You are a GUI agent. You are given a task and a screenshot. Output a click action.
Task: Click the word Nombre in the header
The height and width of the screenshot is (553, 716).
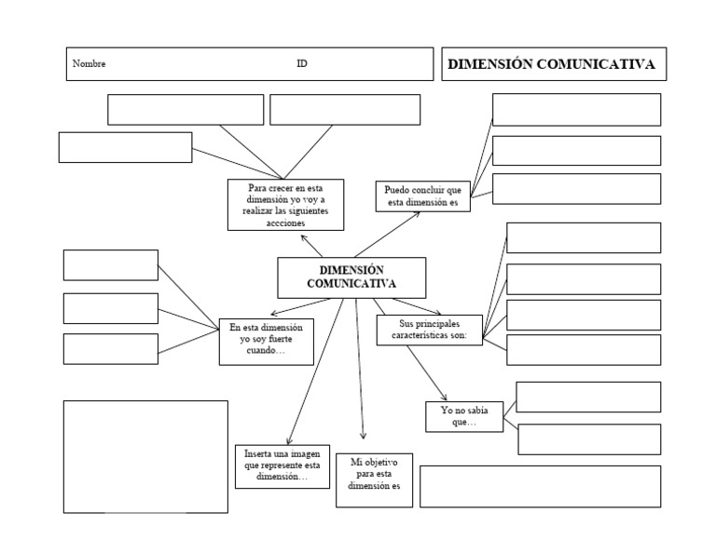point(89,64)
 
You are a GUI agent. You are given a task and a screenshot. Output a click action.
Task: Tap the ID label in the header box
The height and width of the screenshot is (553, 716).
point(302,64)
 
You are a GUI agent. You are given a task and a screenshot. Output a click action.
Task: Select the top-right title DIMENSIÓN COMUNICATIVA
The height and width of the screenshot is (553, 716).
point(552,64)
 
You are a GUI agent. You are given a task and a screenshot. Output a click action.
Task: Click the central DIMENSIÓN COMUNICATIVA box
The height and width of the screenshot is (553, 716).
point(351,276)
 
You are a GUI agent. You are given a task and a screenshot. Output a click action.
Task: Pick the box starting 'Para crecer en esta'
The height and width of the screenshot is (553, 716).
point(285,205)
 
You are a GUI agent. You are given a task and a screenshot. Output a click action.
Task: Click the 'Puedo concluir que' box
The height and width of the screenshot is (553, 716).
point(422,196)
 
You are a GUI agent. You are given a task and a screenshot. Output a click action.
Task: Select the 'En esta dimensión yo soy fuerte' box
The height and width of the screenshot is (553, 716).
point(266,341)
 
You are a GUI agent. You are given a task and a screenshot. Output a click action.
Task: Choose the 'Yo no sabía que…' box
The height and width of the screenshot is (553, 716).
point(463,416)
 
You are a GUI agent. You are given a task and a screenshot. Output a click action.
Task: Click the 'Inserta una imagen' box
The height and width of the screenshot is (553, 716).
point(282,465)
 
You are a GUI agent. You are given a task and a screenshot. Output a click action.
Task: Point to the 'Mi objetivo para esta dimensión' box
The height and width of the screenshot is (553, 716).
point(374,479)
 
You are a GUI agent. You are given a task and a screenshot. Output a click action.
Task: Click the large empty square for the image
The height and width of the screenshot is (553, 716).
point(145,456)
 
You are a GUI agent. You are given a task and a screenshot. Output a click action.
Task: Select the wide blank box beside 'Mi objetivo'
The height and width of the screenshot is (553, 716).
point(540,486)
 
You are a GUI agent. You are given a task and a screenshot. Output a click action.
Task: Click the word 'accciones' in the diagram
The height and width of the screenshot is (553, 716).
point(284,223)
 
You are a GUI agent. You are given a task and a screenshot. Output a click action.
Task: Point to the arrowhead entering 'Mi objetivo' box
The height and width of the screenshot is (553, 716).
point(363,436)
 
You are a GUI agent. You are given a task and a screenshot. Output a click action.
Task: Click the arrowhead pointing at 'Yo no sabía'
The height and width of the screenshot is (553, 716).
point(445,398)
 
